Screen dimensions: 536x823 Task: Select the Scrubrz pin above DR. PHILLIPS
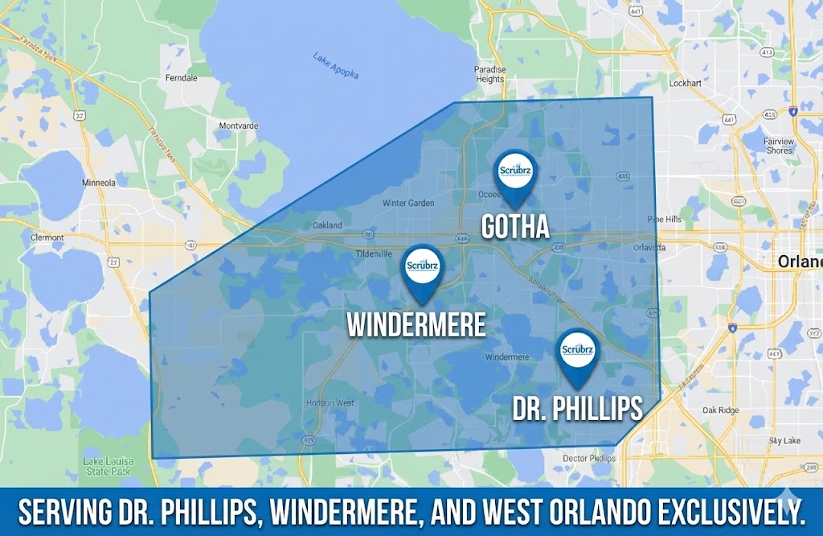578,352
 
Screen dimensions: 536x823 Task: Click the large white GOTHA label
515,227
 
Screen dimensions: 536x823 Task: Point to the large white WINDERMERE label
416,324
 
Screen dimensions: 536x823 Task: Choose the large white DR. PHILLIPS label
577,410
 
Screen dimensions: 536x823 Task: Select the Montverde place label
239,126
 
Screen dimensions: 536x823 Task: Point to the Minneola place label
99,183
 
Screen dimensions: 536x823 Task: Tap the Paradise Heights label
489,74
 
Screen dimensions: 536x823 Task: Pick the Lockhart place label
686,83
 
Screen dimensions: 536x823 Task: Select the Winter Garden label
408,203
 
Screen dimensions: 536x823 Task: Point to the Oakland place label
327,225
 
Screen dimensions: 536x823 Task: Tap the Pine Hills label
664,220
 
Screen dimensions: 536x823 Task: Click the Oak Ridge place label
719,410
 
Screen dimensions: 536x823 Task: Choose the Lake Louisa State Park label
106,465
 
